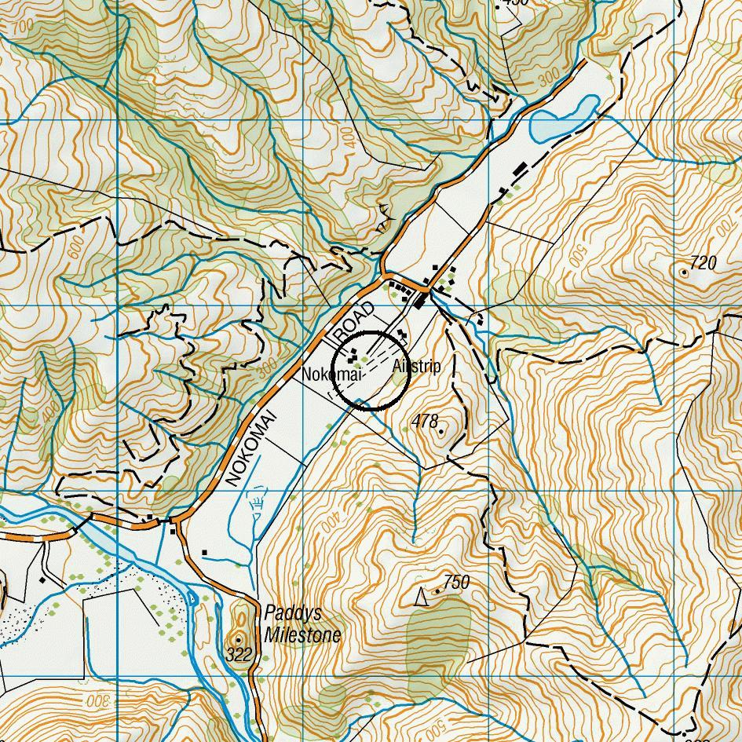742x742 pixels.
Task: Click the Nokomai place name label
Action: tap(331, 375)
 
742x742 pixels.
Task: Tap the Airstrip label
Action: tap(416, 367)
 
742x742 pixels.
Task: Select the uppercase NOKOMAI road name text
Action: tap(250, 447)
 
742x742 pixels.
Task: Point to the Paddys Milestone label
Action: tap(303, 624)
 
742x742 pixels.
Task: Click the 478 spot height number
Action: tap(424, 422)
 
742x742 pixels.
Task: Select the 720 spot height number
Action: tap(703, 263)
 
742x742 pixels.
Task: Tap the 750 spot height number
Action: tap(456, 582)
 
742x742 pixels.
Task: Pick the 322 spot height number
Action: tap(239, 654)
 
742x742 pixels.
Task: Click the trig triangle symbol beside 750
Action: tap(421, 598)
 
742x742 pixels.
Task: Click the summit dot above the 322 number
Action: tap(239, 640)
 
